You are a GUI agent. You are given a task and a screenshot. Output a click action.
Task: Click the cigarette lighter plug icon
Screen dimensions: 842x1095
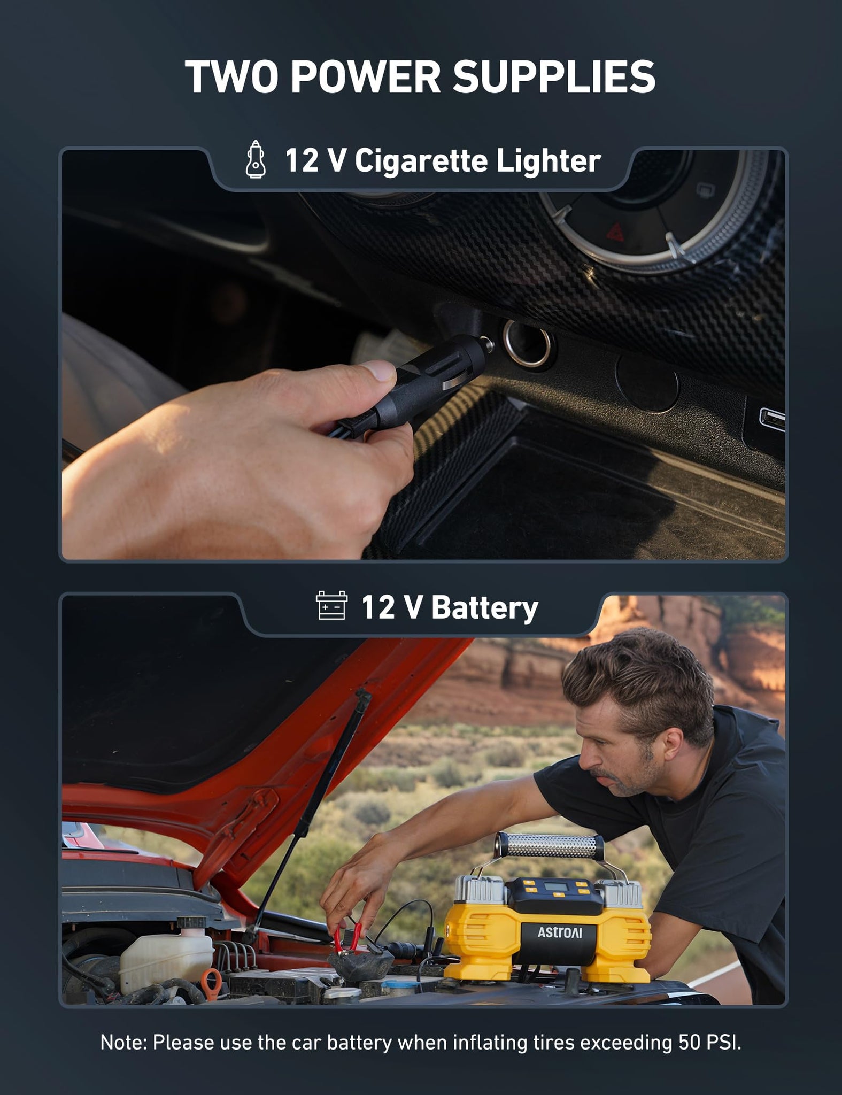(x=256, y=159)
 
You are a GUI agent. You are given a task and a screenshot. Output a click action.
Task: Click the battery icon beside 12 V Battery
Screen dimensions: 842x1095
(x=331, y=606)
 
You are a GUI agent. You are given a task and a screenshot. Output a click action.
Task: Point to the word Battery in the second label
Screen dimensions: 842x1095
(x=485, y=608)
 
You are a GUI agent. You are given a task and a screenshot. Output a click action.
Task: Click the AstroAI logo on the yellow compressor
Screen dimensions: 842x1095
(x=560, y=932)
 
